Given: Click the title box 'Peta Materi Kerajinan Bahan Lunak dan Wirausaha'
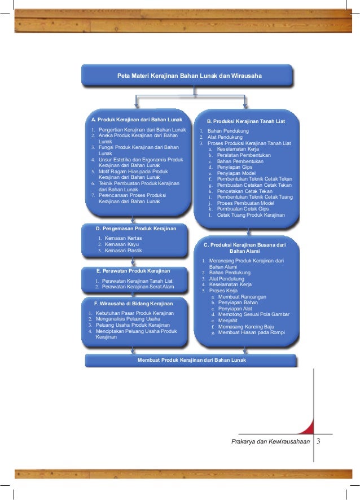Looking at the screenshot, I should (x=186, y=75).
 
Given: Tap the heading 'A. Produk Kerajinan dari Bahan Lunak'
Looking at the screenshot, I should (x=133, y=120).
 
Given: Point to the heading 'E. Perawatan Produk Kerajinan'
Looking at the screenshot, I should (x=133, y=271).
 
